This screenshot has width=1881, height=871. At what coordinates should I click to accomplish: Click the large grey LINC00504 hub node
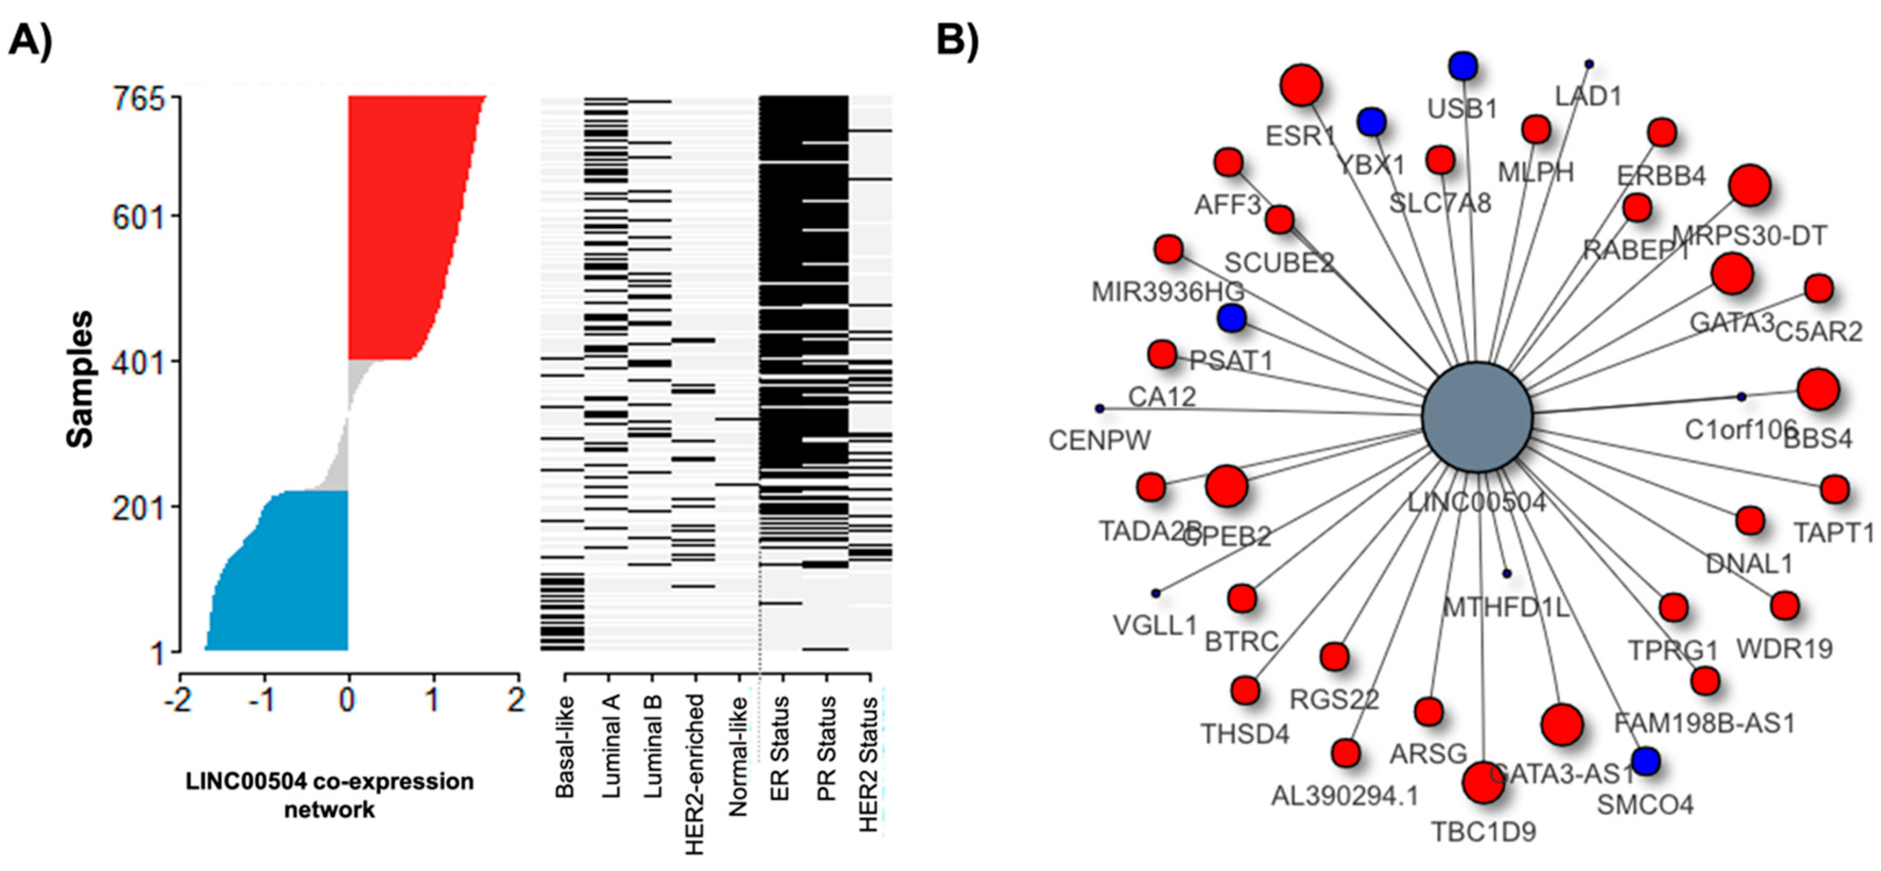point(1476,417)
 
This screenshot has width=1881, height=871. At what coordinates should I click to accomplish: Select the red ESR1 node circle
point(1301,85)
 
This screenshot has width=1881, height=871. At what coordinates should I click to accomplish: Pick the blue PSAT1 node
point(1231,318)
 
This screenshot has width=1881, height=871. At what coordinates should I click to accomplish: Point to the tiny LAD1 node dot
point(1588,64)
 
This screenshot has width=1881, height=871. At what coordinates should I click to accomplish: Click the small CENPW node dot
point(1100,408)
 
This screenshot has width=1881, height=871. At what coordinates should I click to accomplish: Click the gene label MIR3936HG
point(1167,292)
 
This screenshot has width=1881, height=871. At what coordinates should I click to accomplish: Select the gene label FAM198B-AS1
point(1703,724)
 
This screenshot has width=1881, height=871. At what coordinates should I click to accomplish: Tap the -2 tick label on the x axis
point(178,701)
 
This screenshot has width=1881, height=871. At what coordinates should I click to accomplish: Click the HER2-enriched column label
point(695,774)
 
